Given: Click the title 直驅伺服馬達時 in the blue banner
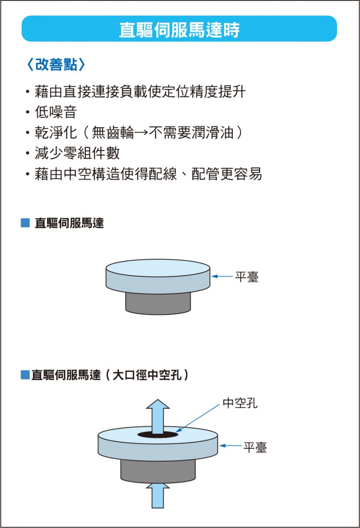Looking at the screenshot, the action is tap(179, 30).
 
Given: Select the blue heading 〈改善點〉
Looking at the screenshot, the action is tap(56, 64).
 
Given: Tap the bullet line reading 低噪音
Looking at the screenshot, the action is tap(56, 112).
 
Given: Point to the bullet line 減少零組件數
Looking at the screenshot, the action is tap(77, 153).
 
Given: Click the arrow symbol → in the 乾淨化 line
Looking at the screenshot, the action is tap(141, 133).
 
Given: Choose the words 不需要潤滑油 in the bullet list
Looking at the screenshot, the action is tap(191, 133).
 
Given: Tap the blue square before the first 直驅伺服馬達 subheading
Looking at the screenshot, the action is tap(25, 223).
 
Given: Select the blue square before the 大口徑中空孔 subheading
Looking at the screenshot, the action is tap(25, 375).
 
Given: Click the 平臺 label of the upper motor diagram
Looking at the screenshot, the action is tap(246, 277).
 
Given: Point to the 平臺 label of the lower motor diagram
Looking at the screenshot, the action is tap(255, 447).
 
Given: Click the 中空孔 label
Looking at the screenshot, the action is tap(240, 403).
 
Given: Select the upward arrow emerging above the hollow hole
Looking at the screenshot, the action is tap(158, 417).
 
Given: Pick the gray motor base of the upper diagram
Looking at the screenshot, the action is tap(158, 304).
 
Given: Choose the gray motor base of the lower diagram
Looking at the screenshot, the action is tap(158, 471).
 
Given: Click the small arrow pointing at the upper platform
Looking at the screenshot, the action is tap(222, 276).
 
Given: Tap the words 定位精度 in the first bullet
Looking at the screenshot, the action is tap(190, 92).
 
